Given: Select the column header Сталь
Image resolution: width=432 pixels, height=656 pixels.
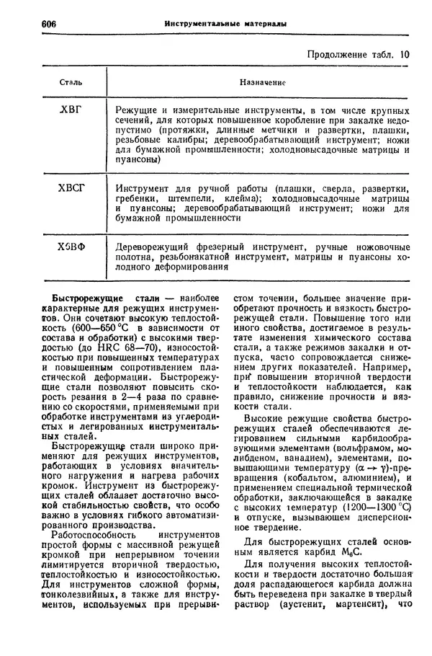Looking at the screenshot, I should [70, 84].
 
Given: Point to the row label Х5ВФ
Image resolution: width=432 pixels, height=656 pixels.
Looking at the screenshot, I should [71, 247].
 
